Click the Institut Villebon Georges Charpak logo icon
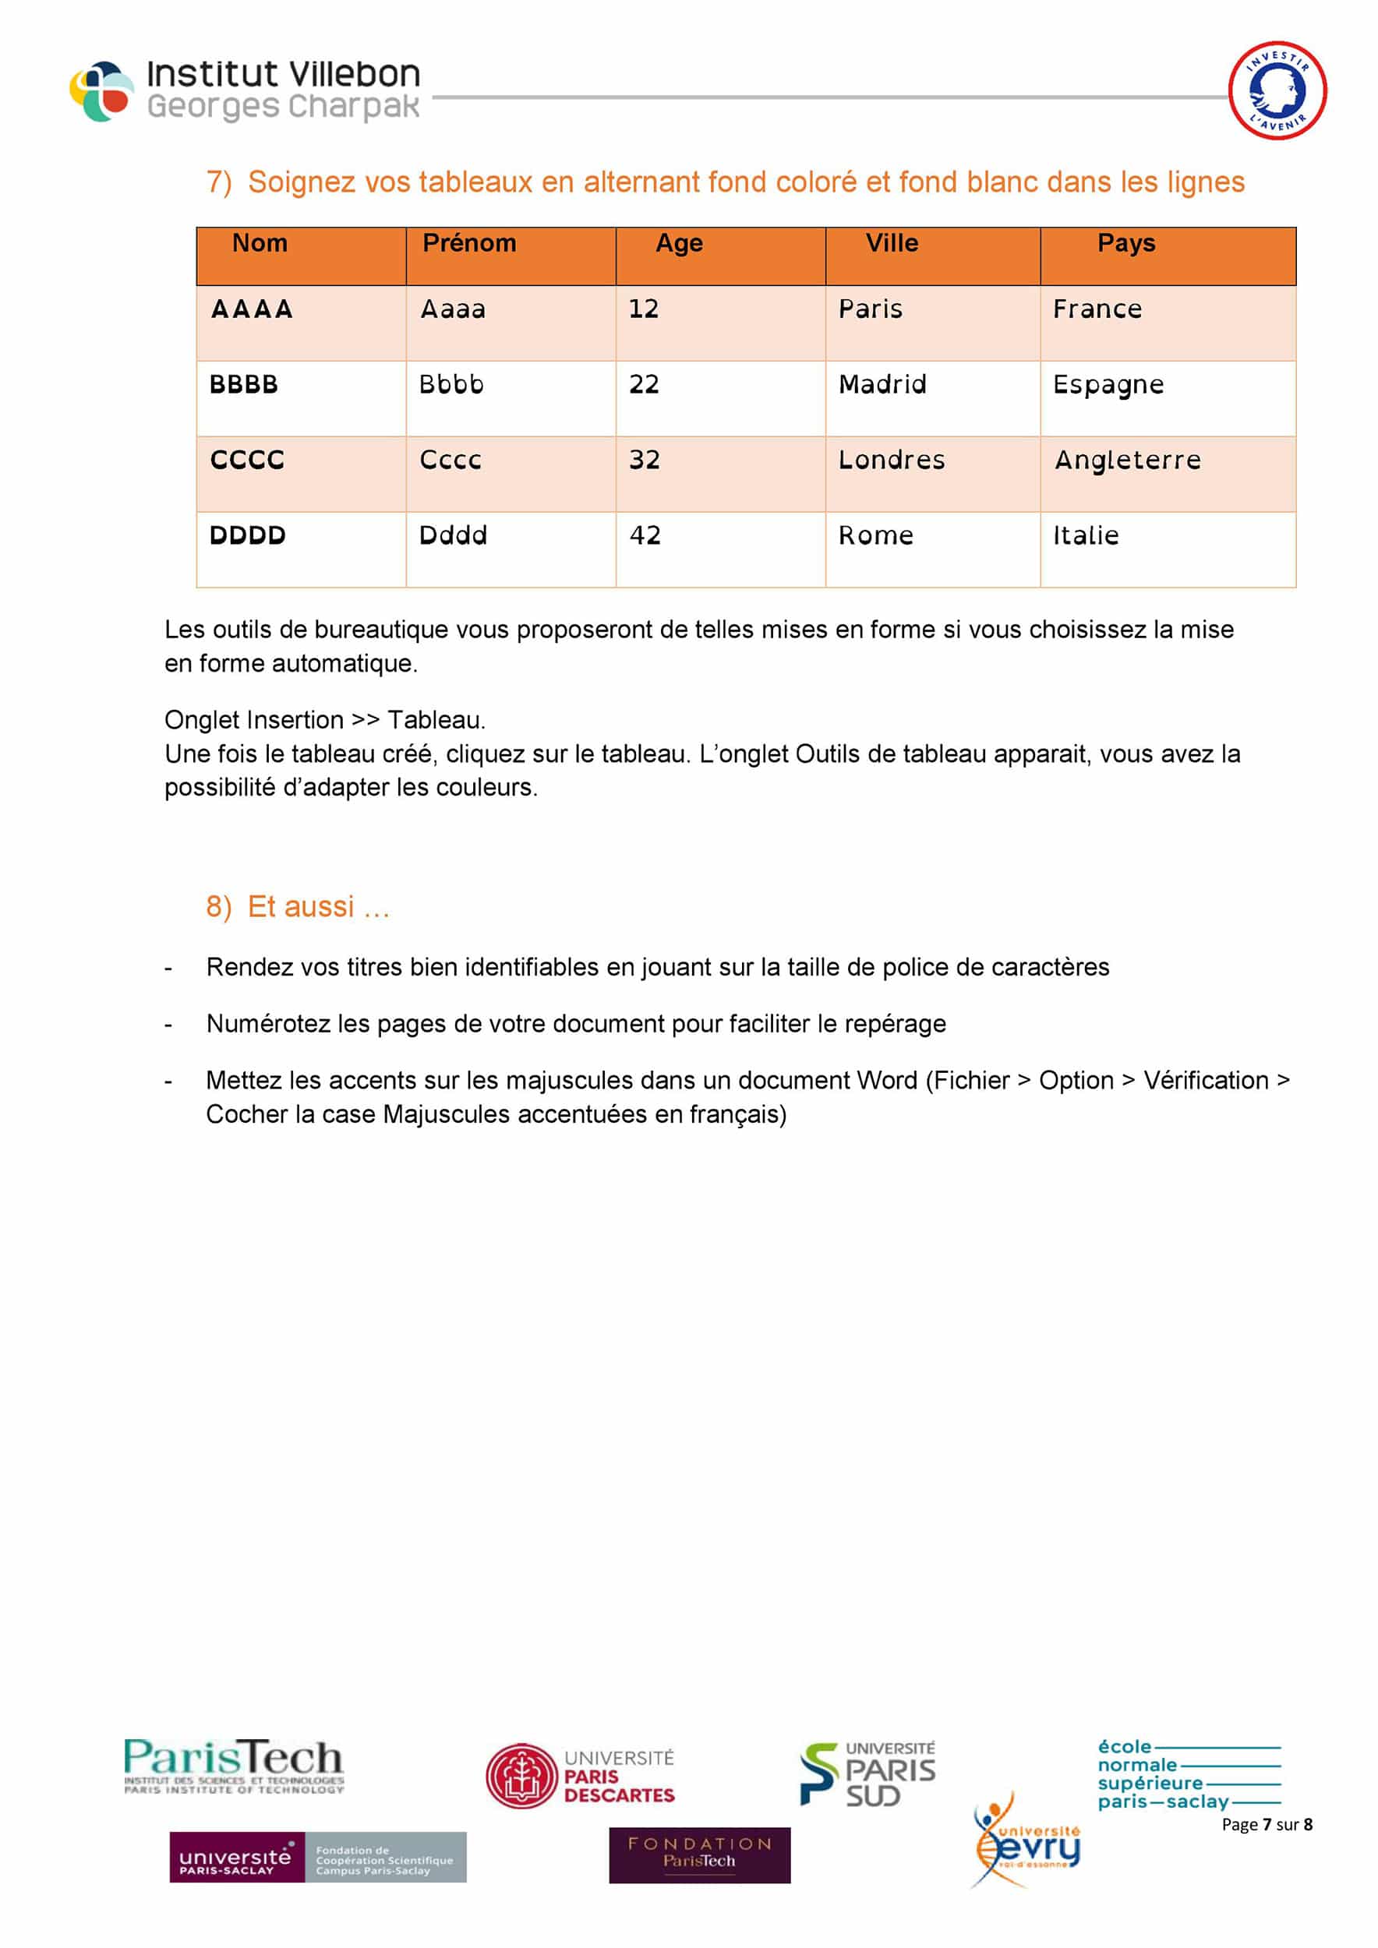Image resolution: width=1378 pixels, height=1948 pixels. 102,91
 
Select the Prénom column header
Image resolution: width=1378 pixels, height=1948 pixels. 469,243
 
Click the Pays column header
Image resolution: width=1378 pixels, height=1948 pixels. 1126,243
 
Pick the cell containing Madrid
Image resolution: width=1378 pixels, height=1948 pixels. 882,385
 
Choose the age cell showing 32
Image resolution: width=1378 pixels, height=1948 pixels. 644,460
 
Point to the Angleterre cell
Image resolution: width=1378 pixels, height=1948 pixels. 1128,461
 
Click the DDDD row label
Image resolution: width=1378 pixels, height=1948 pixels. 247,535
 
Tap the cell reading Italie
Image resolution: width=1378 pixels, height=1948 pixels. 1085,535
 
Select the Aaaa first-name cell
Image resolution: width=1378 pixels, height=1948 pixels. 453,309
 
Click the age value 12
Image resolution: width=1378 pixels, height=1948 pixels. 643,309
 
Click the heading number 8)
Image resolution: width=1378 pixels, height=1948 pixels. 218,907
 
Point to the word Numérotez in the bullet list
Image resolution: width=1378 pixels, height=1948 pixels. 267,1024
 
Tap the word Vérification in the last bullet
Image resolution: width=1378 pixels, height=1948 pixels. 1205,1081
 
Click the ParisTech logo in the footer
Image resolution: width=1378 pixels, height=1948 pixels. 233,1765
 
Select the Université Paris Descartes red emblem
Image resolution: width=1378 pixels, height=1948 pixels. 521,1776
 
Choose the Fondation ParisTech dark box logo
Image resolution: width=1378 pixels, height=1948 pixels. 699,1855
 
